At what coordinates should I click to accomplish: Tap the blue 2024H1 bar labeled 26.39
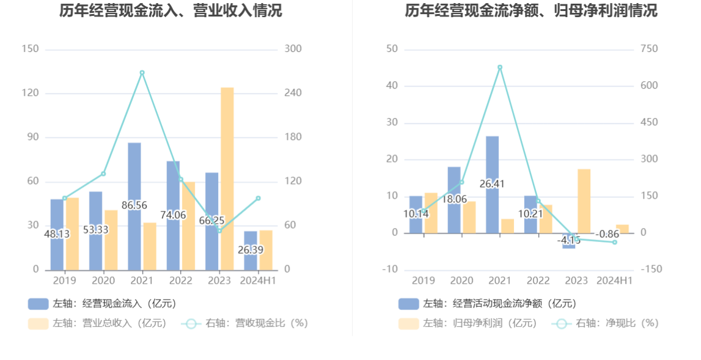tap(251, 251)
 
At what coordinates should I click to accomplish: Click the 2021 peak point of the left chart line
tap(142, 73)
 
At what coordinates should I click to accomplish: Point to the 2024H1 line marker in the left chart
tap(258, 198)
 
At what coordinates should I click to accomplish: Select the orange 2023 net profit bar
tap(584, 201)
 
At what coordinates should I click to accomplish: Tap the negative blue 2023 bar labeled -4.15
tap(569, 241)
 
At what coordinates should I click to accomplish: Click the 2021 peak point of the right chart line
tap(500, 67)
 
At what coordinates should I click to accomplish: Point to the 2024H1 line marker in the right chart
tap(615, 242)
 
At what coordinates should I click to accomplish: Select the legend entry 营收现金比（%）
tap(244, 323)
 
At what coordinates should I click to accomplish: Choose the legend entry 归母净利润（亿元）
tap(468, 323)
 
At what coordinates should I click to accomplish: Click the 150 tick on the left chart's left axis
tap(30, 49)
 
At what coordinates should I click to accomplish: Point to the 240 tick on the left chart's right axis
tap(293, 93)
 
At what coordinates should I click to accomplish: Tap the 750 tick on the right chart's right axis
tap(649, 49)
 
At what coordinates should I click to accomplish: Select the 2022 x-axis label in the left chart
tap(180, 281)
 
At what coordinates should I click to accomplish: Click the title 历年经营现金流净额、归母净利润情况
tap(531, 10)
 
